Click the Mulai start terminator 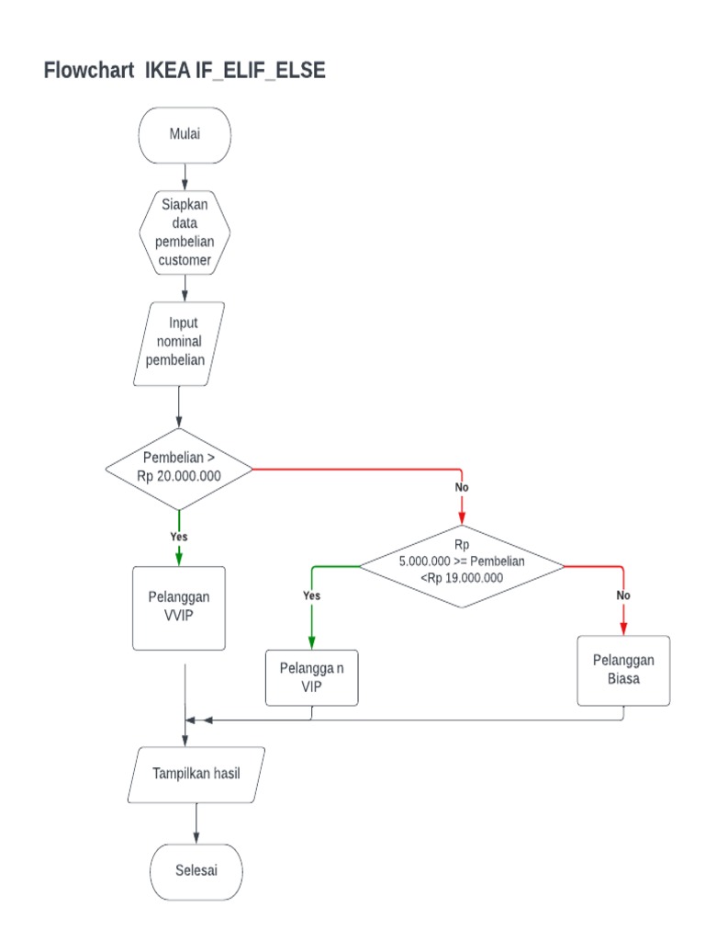coord(185,135)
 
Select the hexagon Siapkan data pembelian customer coord(185,233)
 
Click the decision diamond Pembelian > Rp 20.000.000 coord(179,469)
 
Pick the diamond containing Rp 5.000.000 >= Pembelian coord(461,565)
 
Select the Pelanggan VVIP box coord(179,607)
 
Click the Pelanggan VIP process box coord(312,677)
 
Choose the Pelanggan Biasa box coord(623,670)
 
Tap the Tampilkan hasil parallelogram coord(196,773)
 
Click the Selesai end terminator coord(196,870)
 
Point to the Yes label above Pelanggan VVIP coord(179,536)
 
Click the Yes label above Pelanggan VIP coord(312,595)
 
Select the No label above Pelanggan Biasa coord(623,595)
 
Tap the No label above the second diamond coord(462,486)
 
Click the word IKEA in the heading coord(168,71)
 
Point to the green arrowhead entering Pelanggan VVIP coord(179,558)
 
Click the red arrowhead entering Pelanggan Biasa coord(623,628)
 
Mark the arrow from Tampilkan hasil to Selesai coord(196,822)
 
